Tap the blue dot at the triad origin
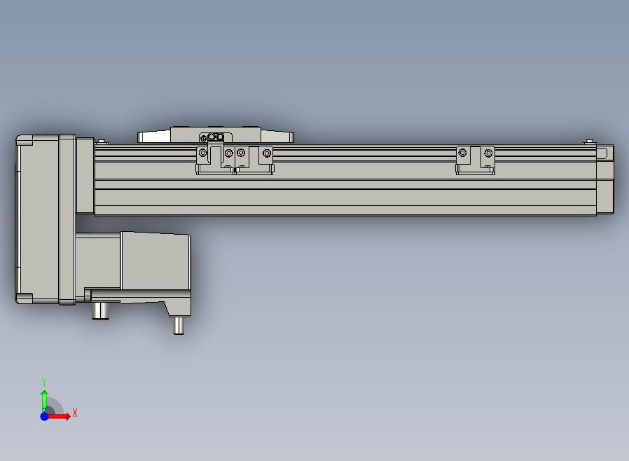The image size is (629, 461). pyautogui.click(x=44, y=416)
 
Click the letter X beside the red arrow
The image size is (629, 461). pyautogui.click(x=75, y=413)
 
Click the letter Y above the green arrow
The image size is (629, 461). pyautogui.click(x=44, y=382)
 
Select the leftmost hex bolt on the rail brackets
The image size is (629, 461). pyautogui.click(x=203, y=153)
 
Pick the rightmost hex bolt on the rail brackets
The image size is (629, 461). pyautogui.click(x=488, y=153)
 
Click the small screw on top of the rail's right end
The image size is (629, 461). pyautogui.click(x=589, y=142)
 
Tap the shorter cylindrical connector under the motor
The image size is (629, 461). pyautogui.click(x=100, y=311)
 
